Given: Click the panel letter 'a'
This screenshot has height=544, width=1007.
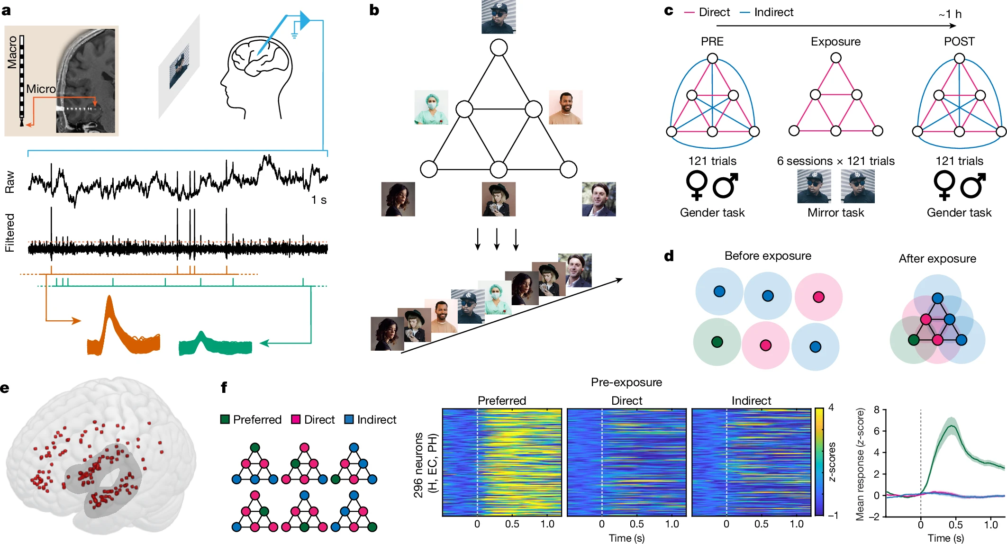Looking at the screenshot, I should click(x=6, y=10).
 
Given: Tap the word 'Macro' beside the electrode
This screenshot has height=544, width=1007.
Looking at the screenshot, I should click(x=12, y=52).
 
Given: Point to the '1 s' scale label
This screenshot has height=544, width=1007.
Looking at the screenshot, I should click(x=318, y=200).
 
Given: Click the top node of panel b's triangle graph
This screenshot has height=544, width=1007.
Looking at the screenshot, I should click(x=499, y=47).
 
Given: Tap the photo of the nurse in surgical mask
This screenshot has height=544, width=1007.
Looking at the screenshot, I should click(x=431, y=108).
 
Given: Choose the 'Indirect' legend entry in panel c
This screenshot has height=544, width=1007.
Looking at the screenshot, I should click(x=773, y=12).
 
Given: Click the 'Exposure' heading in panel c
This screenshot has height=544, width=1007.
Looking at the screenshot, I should click(x=835, y=42).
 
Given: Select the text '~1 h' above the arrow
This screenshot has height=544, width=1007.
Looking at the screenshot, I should click(x=950, y=14).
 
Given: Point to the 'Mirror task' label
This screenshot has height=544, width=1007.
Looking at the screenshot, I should click(x=835, y=213).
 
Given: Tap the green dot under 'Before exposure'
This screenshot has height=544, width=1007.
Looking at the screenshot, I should click(x=717, y=342).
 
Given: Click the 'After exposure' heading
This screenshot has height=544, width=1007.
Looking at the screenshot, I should click(x=937, y=259).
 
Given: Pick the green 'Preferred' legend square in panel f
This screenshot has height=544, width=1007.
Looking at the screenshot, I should click(x=225, y=419).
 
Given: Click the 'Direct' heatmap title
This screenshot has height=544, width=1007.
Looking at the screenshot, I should click(x=626, y=401).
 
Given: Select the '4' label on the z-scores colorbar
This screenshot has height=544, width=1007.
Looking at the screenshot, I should click(x=831, y=408).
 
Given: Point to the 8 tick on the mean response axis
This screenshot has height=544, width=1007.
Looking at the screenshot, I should click(x=877, y=409).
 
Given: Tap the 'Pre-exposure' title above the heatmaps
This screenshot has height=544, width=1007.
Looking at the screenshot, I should click(x=626, y=382).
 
